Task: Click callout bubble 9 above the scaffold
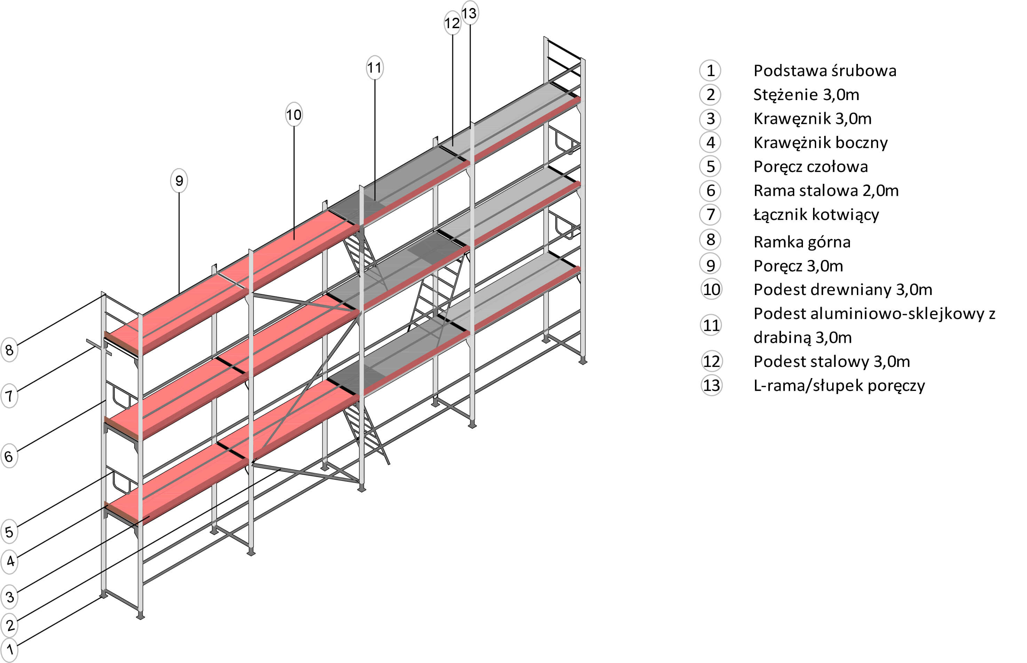(179, 180)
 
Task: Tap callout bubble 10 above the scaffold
(294, 115)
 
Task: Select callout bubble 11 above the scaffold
(374, 68)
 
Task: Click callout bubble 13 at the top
(469, 13)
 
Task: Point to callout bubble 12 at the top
(452, 23)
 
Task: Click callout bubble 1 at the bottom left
(9, 649)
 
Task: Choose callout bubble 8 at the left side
(9, 350)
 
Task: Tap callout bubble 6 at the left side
(9, 456)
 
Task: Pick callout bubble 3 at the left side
(9, 597)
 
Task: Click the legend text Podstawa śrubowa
(825, 71)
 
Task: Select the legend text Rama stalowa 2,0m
(826, 190)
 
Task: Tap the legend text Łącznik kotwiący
(816, 214)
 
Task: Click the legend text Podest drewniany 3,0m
(843, 290)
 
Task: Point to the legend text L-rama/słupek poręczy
(839, 385)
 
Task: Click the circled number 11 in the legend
(711, 325)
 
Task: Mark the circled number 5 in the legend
(710, 166)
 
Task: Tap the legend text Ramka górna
(802, 242)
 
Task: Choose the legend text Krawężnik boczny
(820, 142)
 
